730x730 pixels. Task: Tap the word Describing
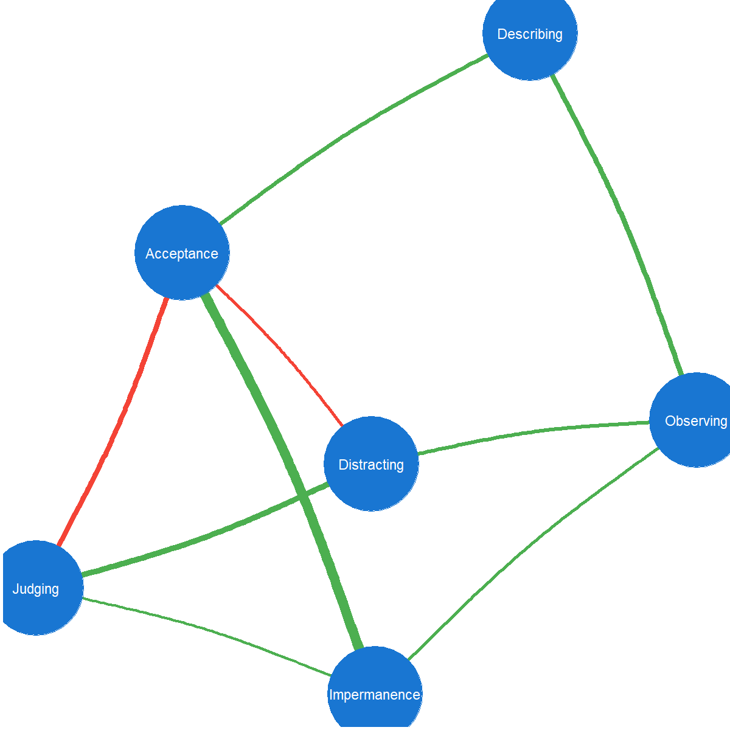click(x=530, y=34)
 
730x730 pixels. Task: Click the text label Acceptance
click(x=182, y=254)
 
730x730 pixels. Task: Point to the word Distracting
click(x=371, y=465)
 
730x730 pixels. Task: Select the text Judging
click(x=36, y=589)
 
